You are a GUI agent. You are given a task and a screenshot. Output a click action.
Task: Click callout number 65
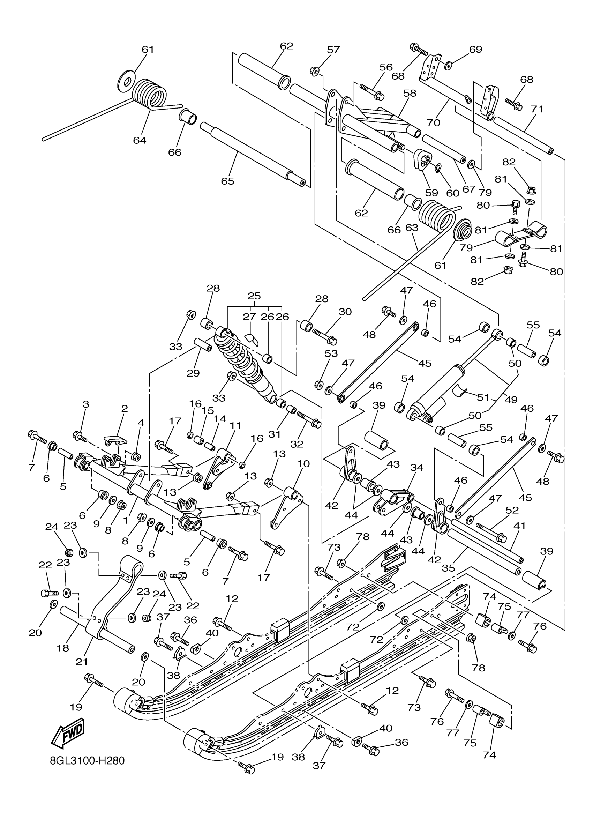[x=227, y=181]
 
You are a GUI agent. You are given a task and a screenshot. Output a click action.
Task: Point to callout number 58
[x=410, y=93]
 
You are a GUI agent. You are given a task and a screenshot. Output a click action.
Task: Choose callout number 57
[x=333, y=50]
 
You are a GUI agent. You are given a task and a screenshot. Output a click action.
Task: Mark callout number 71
[x=537, y=109]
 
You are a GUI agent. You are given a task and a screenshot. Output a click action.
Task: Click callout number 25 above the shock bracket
[x=254, y=296]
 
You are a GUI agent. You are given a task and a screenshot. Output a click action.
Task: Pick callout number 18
[x=63, y=648]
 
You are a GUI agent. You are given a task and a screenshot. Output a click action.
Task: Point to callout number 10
[x=303, y=463]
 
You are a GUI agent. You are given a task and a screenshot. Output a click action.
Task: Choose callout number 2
[x=125, y=408]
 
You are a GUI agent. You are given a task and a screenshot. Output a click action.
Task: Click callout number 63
[x=412, y=228]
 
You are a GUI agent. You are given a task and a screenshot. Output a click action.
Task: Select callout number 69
[x=475, y=49]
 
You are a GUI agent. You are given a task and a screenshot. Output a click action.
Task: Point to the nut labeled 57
[x=314, y=72]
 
